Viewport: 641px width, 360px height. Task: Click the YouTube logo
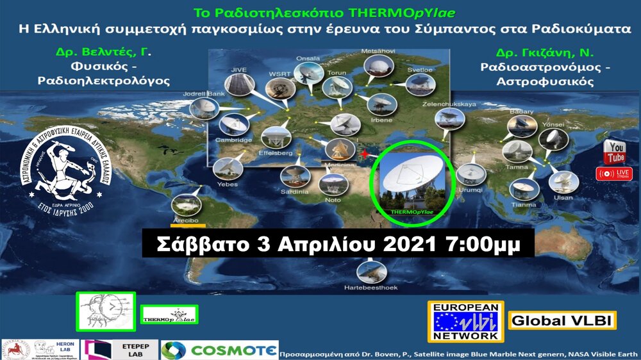pyautogui.click(x=615, y=152)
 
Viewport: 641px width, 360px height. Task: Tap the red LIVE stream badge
pyautogui.click(x=614, y=174)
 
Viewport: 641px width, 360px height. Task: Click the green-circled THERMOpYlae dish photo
pyautogui.click(x=414, y=182)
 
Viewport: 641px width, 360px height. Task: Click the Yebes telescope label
pyautogui.click(x=227, y=184)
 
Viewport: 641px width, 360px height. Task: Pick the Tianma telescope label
pyautogui.click(x=524, y=204)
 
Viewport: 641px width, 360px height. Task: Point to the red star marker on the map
pyautogui.click(x=365, y=154)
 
